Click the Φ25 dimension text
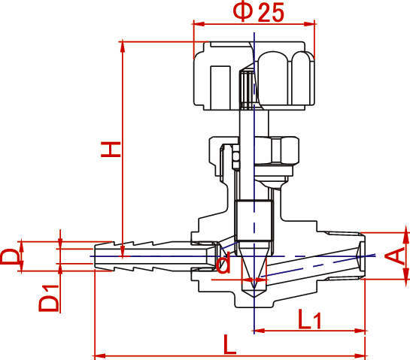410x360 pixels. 258,12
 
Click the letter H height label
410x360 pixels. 111,150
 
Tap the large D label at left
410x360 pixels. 10,256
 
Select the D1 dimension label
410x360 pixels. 49,298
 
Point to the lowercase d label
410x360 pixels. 223,262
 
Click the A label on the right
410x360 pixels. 395,256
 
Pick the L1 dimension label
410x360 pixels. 310,319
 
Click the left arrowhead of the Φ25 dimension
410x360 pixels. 198,24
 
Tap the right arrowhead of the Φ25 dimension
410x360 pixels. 310,24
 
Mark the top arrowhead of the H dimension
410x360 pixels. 122,47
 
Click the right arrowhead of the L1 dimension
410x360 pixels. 360,331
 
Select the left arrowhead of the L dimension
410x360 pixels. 99,355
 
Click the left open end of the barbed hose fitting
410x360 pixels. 95,256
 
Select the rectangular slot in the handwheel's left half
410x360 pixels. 220,87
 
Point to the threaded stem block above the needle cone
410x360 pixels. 253,220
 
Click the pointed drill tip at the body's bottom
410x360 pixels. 254,295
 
